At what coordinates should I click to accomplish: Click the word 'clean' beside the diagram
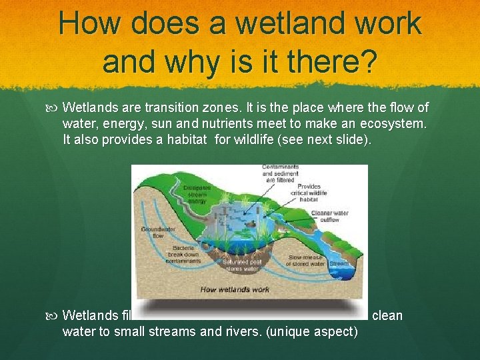pyautogui.click(x=387, y=315)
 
